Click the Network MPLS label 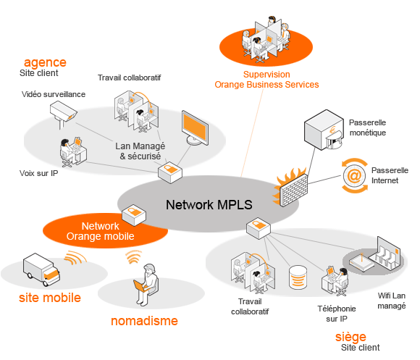(x=209, y=205)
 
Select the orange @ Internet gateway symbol (x=354, y=176)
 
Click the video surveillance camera (x=64, y=112)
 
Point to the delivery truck (x=41, y=269)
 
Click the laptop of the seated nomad (x=140, y=286)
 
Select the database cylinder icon (x=298, y=277)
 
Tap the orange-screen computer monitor (x=195, y=128)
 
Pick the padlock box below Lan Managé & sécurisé (x=170, y=172)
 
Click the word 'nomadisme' (x=144, y=321)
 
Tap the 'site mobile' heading (x=50, y=298)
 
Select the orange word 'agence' (x=45, y=63)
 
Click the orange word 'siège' (x=350, y=337)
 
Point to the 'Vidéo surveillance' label (x=54, y=94)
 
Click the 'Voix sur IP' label (x=39, y=173)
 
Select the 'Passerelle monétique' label (x=368, y=127)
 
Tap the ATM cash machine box (x=324, y=130)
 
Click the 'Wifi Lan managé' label (x=392, y=301)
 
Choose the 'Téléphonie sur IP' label (x=337, y=314)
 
